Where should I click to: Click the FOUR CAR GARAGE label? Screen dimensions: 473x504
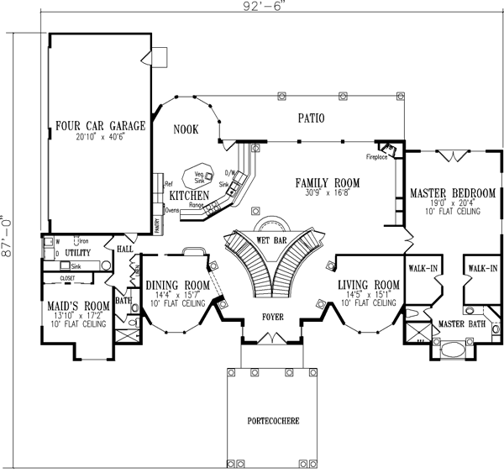100,126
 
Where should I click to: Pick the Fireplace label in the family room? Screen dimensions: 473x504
375,157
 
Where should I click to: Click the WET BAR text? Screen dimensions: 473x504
273,239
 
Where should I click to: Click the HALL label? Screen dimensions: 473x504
125,250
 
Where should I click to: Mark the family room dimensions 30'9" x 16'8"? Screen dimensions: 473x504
328,192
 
